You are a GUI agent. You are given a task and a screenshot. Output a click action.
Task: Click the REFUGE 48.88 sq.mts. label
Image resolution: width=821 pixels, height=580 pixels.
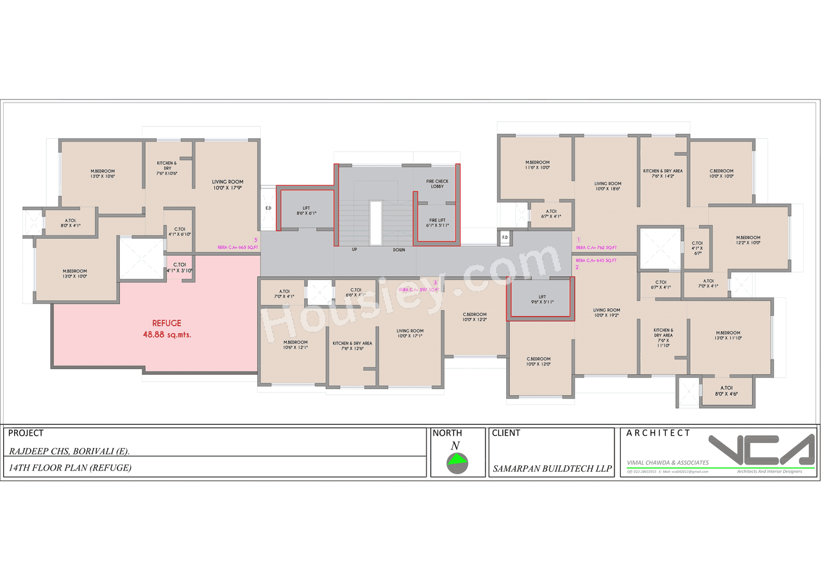167,329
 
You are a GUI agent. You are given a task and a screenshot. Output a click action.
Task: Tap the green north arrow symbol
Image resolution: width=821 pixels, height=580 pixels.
457,460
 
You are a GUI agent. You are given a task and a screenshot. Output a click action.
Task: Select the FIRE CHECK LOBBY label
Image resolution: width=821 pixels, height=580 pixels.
437,184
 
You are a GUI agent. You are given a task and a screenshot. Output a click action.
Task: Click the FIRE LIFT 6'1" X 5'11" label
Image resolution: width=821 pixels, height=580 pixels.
437,222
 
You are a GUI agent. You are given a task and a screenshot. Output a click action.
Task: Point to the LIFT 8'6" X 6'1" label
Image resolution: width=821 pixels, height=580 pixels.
306,210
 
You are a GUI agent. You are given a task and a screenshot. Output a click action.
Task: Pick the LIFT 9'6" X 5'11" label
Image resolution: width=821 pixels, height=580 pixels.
542,299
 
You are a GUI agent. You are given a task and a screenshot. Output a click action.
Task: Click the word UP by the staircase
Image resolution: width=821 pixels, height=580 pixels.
354,249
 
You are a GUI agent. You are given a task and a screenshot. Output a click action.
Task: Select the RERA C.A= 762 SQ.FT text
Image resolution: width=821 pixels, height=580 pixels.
596,247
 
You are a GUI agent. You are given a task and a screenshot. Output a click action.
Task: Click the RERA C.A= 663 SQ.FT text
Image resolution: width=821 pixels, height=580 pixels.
238,247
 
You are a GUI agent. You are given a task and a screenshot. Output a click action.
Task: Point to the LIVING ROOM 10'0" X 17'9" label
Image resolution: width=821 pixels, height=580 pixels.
228,185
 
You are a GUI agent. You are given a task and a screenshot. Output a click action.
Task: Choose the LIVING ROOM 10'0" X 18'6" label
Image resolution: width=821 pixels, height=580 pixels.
607,186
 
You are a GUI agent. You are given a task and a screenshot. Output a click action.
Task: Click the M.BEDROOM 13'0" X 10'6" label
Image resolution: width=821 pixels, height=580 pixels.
102,173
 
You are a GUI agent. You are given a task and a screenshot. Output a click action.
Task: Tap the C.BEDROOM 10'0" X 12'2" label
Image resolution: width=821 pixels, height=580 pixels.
475,317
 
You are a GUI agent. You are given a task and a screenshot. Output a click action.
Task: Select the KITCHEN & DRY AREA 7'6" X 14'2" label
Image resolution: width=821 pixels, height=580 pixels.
663,174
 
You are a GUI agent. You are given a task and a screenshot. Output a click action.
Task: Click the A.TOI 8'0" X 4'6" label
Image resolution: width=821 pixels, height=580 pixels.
727,391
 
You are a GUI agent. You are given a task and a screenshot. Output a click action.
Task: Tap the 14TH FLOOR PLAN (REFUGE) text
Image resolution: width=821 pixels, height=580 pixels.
70,468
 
